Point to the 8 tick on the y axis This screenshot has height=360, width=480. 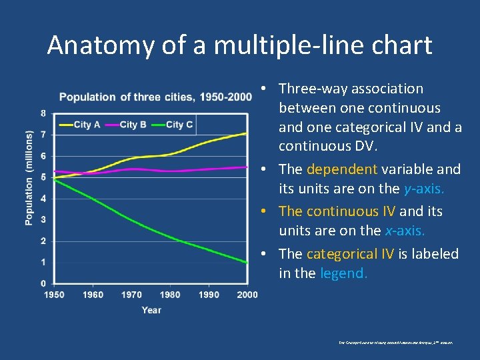(x=43, y=113)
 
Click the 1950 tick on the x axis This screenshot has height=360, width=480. (x=54, y=295)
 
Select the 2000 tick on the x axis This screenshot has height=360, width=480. (x=247, y=295)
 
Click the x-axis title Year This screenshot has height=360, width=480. (x=151, y=310)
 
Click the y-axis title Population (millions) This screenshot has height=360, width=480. (x=29, y=178)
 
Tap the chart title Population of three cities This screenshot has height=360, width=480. (x=155, y=97)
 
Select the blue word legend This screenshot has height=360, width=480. (x=343, y=273)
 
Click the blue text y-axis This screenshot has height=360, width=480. (x=424, y=189)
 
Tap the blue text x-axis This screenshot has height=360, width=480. (x=404, y=231)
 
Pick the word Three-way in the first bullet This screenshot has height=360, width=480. (x=312, y=89)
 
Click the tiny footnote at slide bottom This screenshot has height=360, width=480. (x=395, y=342)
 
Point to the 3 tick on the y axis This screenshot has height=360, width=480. (x=43, y=219)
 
